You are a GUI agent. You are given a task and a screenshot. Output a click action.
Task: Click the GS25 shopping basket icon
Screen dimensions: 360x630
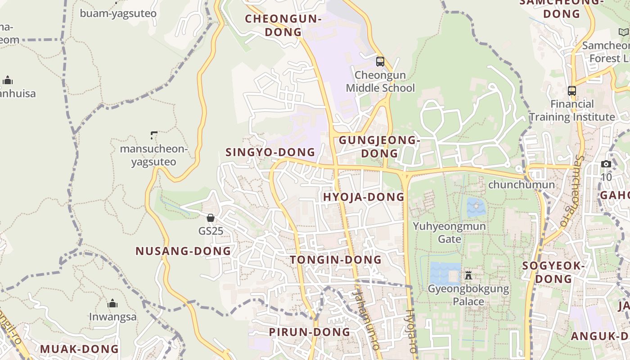tap(210, 218)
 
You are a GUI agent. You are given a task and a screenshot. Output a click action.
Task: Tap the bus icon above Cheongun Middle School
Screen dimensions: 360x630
tap(380, 62)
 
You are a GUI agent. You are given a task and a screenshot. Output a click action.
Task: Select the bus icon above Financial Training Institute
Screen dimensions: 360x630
tap(572, 91)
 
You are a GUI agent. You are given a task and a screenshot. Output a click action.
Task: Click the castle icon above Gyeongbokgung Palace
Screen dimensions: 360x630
tap(468, 275)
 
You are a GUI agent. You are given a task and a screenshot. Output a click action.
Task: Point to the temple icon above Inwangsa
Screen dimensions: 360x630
tap(112, 303)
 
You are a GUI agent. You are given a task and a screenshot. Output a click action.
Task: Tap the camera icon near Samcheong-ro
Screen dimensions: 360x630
tap(606, 164)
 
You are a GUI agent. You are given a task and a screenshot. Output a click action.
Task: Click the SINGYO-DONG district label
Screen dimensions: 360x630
tap(270, 152)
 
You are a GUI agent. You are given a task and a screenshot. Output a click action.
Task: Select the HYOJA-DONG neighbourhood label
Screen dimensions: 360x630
tap(364, 197)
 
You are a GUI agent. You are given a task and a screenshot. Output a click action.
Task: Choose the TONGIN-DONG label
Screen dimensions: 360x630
tap(336, 260)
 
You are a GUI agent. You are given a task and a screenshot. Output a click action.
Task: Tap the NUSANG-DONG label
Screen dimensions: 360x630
tap(183, 251)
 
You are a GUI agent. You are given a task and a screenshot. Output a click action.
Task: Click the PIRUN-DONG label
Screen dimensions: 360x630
tap(309, 332)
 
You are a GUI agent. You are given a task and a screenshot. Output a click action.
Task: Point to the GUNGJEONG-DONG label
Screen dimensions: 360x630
tap(379, 147)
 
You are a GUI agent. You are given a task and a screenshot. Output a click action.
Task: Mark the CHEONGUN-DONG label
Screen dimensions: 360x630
tap(283, 25)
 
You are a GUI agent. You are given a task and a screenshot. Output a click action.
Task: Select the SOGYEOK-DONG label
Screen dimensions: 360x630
tap(553, 272)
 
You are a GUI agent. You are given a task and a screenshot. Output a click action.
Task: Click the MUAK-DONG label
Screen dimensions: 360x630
tap(79, 349)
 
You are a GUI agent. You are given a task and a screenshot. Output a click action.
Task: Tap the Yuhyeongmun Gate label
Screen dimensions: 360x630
tap(450, 232)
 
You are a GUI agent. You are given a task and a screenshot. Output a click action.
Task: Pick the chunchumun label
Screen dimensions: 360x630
tap(521, 184)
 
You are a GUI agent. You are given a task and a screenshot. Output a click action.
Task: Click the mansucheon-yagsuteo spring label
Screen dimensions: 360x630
tap(153, 155)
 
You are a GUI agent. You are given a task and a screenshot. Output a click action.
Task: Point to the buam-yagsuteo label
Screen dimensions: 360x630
tap(118, 13)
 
